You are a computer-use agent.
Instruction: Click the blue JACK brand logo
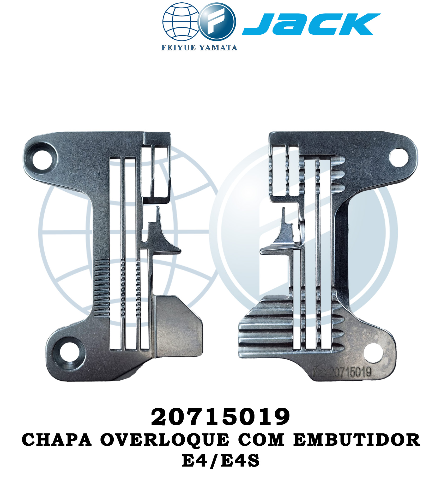coord(311,24)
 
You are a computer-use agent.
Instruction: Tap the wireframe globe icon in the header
coord(181,21)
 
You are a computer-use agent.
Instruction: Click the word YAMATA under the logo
coord(218,48)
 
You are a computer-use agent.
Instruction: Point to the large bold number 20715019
coord(220,417)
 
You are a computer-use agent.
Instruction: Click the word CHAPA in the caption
coord(57,440)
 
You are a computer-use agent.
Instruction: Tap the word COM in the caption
coord(261,440)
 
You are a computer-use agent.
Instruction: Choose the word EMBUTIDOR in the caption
coord(357,440)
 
